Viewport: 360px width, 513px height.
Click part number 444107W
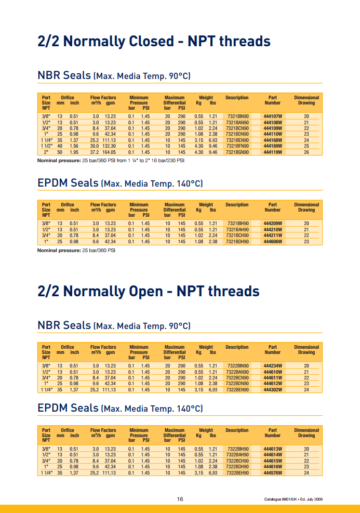[273, 116]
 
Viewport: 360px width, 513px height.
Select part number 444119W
[273, 152]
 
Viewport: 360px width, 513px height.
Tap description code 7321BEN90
[238, 140]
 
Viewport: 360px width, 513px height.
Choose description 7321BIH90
[238, 223]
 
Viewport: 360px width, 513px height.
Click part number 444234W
[273, 366]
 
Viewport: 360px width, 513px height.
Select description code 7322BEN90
[238, 390]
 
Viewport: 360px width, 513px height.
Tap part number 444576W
[273, 473]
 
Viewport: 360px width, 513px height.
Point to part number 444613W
[273, 449]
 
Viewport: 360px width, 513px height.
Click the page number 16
[180, 499]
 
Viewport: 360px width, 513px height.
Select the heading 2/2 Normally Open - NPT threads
[149, 291]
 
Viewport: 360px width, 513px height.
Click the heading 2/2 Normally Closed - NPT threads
[154, 41]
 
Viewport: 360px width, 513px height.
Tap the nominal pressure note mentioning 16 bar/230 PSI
[111, 161]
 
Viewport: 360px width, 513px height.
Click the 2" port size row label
[46, 152]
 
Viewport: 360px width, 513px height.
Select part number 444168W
[273, 140]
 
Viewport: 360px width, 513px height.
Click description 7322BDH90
[238, 467]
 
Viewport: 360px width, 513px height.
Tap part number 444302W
[273, 390]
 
